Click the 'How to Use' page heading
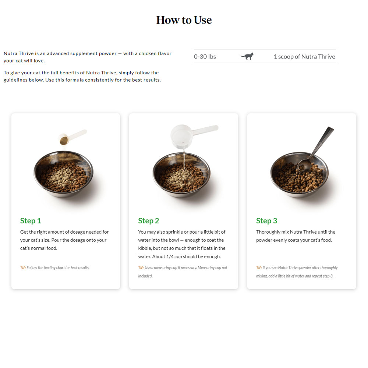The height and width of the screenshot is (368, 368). (x=184, y=20)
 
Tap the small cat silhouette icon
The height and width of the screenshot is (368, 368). (x=247, y=56)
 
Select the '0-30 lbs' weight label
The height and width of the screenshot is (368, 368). (x=205, y=57)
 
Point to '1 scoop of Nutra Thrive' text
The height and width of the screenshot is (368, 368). (x=304, y=57)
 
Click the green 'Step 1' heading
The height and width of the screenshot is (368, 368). (x=31, y=220)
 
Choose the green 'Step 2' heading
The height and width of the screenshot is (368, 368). (x=149, y=220)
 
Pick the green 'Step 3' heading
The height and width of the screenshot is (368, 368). (x=266, y=220)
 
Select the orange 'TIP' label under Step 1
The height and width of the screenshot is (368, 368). (x=23, y=268)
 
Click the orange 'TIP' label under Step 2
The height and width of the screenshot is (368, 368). (x=141, y=268)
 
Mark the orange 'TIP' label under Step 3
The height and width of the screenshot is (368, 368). (x=259, y=268)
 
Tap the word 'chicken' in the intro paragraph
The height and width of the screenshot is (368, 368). (x=148, y=53)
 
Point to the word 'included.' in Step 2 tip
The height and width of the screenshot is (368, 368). (x=145, y=276)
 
